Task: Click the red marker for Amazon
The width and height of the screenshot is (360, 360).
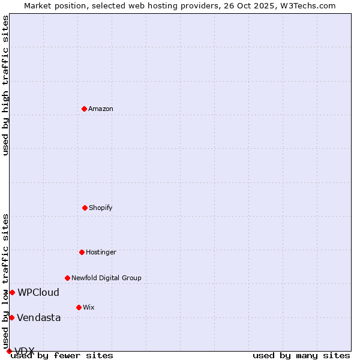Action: tap(85, 109)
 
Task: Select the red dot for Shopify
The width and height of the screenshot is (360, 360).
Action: tap(85, 208)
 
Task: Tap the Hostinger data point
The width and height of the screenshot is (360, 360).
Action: tap(82, 252)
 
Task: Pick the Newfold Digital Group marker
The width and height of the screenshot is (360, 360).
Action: tap(67, 278)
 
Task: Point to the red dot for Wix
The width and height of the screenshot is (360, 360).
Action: tap(79, 307)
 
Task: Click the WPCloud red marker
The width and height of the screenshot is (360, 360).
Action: tap(12, 292)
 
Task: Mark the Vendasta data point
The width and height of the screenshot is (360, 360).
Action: tap(11, 317)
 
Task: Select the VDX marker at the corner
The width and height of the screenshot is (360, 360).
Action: tap(9, 351)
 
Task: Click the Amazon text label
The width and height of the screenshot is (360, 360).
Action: tap(101, 109)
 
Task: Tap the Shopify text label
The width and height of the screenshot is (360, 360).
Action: tap(101, 208)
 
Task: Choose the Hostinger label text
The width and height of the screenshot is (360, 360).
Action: tap(101, 252)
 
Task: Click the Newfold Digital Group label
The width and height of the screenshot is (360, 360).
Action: tap(106, 278)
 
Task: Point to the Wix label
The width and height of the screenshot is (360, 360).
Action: tap(89, 307)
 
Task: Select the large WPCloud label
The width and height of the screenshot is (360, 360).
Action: tap(38, 293)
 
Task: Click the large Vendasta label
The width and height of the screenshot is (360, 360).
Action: tap(39, 318)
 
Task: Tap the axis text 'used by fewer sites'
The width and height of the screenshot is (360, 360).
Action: tap(62, 356)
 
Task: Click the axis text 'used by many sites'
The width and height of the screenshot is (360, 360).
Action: tap(301, 356)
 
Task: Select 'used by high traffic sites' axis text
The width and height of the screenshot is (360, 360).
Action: tap(6, 86)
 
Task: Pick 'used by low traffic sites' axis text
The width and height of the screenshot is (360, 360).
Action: tap(6, 281)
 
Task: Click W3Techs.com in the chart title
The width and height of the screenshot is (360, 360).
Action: tap(306, 5)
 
